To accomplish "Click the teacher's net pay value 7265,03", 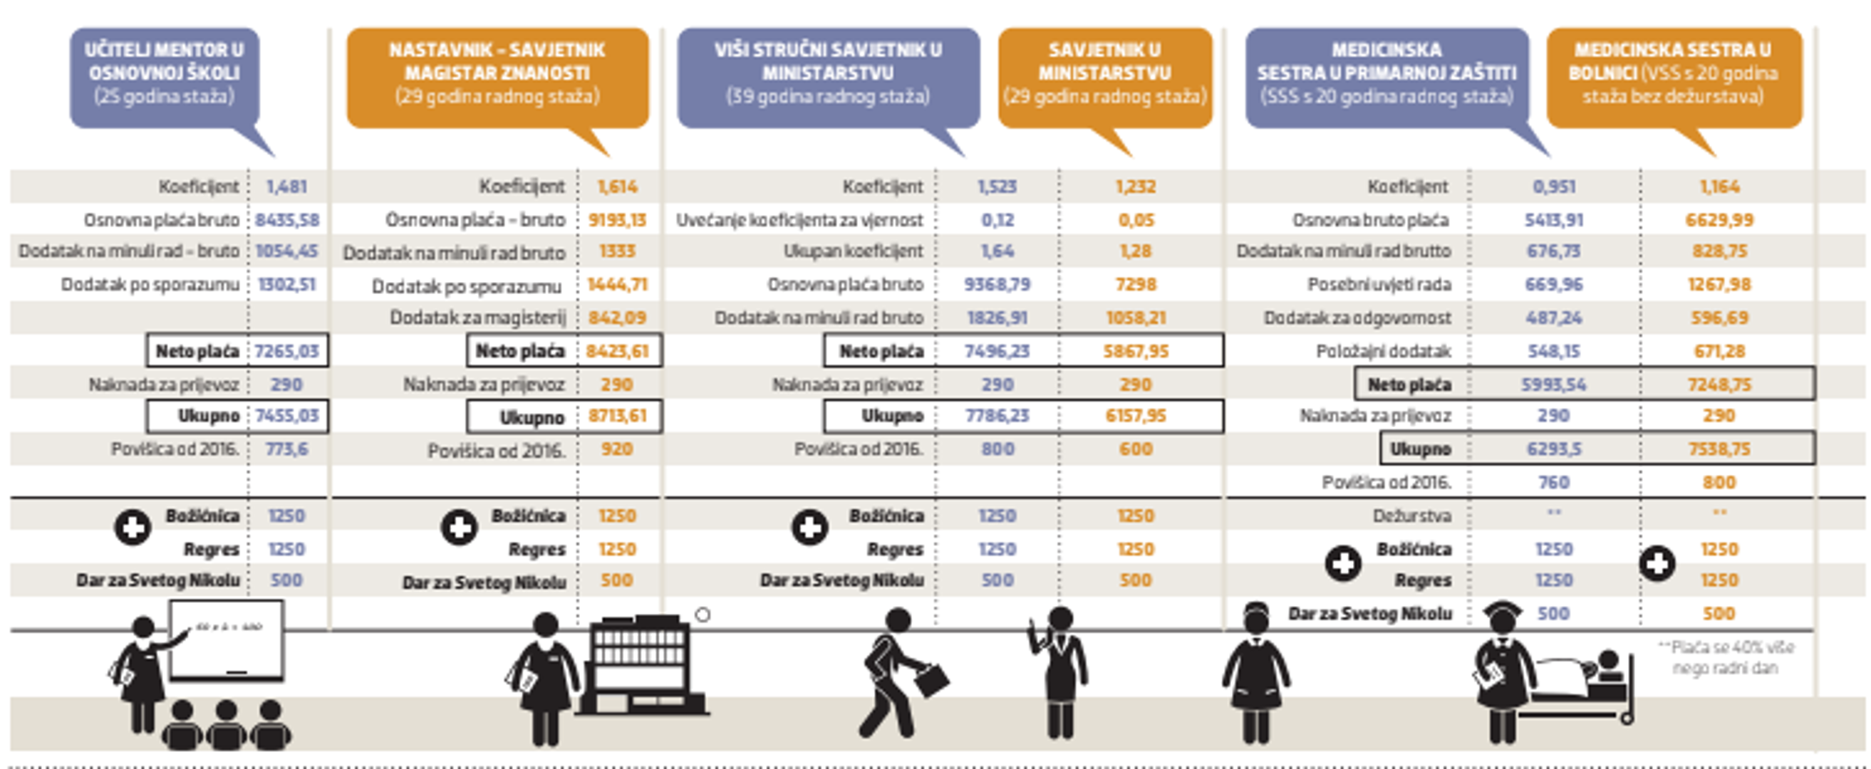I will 287,352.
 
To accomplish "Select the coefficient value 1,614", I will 617,187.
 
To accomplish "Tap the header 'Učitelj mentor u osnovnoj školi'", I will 164,73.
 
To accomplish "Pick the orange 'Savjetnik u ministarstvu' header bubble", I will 1104,73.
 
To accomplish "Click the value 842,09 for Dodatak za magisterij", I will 617,318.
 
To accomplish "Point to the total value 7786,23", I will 997,416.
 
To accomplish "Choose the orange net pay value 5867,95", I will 1135,352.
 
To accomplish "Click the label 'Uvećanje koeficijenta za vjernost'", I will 799,220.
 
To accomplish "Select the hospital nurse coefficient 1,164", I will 1719,187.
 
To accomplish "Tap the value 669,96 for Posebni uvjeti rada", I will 1554,285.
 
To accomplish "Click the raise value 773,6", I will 286,449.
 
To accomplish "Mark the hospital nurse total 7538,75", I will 1719,449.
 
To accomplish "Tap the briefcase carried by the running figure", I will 932,680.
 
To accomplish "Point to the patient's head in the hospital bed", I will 1608,661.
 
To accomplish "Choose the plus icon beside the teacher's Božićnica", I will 133,527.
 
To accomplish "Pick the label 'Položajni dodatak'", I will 1383,352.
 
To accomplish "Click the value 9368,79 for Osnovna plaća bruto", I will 997,285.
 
